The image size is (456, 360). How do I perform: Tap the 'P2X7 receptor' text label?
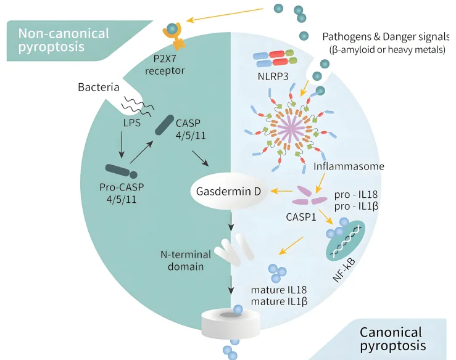[x=165, y=65]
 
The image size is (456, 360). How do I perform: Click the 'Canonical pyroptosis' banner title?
[x=392, y=338]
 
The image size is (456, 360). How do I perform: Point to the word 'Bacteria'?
[x=98, y=88]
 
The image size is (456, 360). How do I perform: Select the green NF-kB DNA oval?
[x=346, y=240]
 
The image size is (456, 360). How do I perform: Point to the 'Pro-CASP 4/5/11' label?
[x=122, y=193]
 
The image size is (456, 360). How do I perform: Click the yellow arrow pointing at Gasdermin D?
[x=284, y=191]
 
